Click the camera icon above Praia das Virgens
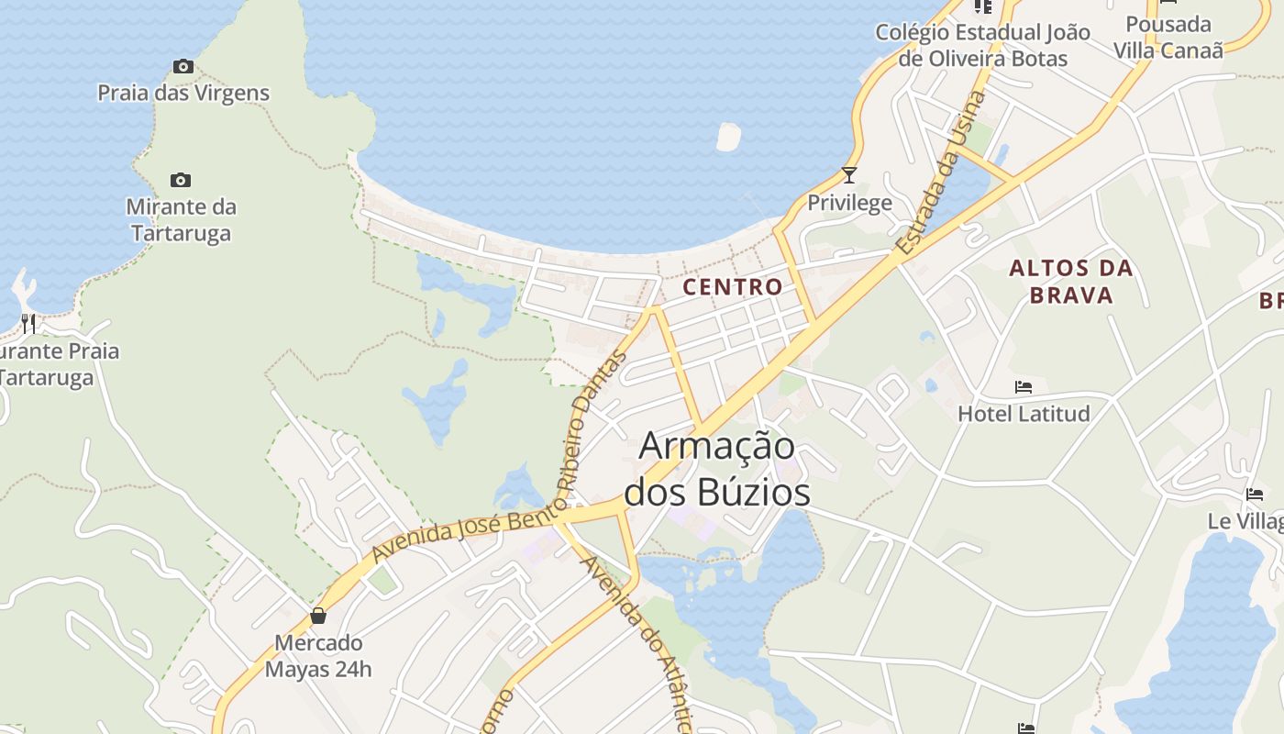pos(183,66)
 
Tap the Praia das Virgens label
pos(183,93)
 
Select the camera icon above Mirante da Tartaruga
pos(181,180)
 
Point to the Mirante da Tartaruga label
pos(181,220)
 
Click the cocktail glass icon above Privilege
pos(849,174)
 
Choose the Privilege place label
pos(849,203)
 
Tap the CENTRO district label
pos(733,286)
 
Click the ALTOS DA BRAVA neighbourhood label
pos(1071,282)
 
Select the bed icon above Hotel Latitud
pos(1024,387)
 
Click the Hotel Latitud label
pos(1024,414)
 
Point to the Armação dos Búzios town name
pos(717,469)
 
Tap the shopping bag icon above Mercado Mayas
pos(318,615)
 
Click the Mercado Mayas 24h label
pos(318,656)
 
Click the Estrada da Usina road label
pos(942,172)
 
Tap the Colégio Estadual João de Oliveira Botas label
pos(982,45)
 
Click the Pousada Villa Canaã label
pos(1168,37)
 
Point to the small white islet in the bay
pos(728,137)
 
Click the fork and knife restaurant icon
pos(28,323)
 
